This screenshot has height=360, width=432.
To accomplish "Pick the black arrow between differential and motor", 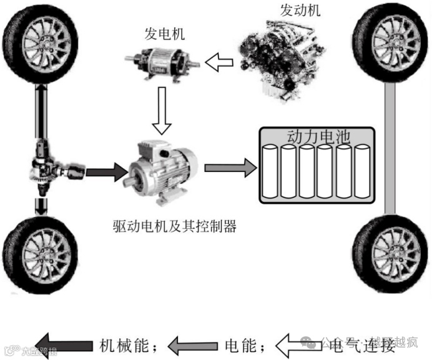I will click(x=106, y=169).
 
